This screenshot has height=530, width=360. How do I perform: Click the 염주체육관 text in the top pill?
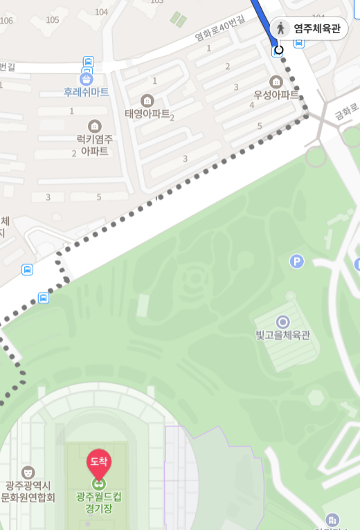[317, 28]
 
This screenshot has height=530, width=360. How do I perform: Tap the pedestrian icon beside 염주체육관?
[281, 28]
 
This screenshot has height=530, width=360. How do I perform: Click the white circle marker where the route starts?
[279, 49]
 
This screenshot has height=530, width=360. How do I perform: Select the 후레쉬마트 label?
[86, 92]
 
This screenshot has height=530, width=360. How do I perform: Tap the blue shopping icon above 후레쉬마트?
[86, 78]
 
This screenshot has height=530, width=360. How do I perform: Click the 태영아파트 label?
[147, 113]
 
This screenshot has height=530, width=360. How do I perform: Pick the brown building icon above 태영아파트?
[147, 100]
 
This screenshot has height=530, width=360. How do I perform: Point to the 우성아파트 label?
[276, 94]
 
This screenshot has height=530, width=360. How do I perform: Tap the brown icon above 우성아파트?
[276, 82]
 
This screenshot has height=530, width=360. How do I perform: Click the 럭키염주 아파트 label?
[95, 145]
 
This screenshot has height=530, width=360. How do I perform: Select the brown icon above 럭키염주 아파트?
[95, 126]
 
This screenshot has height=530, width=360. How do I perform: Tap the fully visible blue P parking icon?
[296, 261]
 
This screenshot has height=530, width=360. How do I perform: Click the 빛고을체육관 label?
[282, 336]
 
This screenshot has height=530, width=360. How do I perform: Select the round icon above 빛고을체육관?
[282, 322]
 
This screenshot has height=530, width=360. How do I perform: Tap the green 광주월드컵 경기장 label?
[98, 503]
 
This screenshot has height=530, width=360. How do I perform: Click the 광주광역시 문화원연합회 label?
[28, 491]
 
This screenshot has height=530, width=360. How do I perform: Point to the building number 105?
[52, 19]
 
